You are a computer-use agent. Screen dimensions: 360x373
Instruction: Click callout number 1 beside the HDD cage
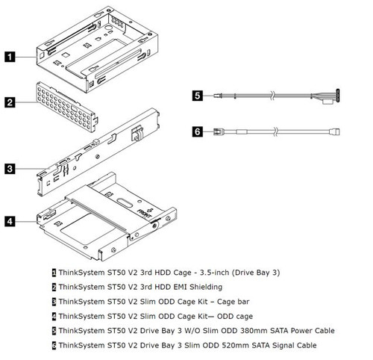coord(10,55)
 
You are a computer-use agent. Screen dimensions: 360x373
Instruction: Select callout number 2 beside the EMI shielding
coord(10,102)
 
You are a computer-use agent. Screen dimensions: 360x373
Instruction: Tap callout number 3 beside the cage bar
coord(10,169)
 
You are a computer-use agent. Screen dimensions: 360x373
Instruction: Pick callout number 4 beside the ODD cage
coord(10,221)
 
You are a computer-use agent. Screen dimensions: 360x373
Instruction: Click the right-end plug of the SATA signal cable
coord(335,132)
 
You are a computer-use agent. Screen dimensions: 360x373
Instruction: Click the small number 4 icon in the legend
coord(54,316)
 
